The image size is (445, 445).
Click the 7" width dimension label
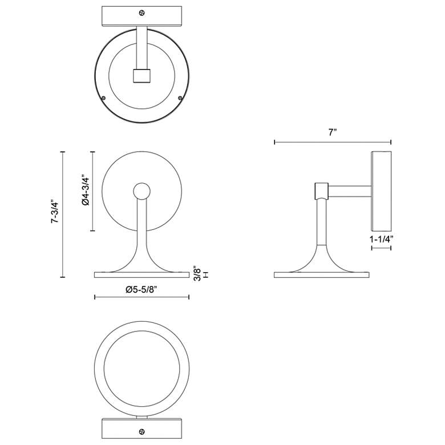[333, 132]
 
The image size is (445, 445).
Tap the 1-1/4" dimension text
[381, 240]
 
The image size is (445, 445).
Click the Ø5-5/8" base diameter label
[141, 289]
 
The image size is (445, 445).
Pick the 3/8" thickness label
[196, 272]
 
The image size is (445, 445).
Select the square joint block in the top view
[141, 76]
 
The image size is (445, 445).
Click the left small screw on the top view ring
[104, 98]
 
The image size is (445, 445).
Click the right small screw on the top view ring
[180, 98]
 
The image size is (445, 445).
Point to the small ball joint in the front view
[141, 191]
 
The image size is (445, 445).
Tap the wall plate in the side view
[381, 191]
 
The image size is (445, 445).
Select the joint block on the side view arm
[321, 191]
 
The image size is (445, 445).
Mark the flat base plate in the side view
[322, 275]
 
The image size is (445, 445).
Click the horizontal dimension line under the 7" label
[333, 142]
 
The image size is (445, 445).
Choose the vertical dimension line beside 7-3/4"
[63, 215]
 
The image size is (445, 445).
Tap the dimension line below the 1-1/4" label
[381, 249]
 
